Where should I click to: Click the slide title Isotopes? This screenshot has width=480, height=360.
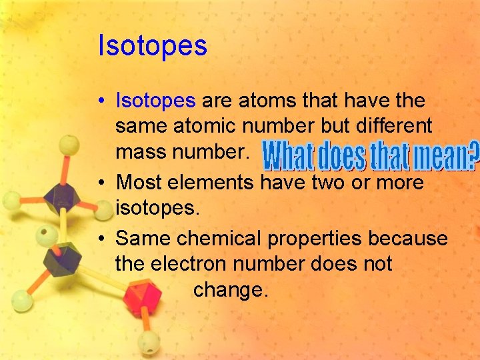pos(153,46)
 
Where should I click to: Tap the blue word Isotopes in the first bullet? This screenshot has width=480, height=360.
pos(155,101)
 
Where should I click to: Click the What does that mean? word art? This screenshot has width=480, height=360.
pos(371,155)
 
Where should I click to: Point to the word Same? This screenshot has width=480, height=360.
pos(141,238)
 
